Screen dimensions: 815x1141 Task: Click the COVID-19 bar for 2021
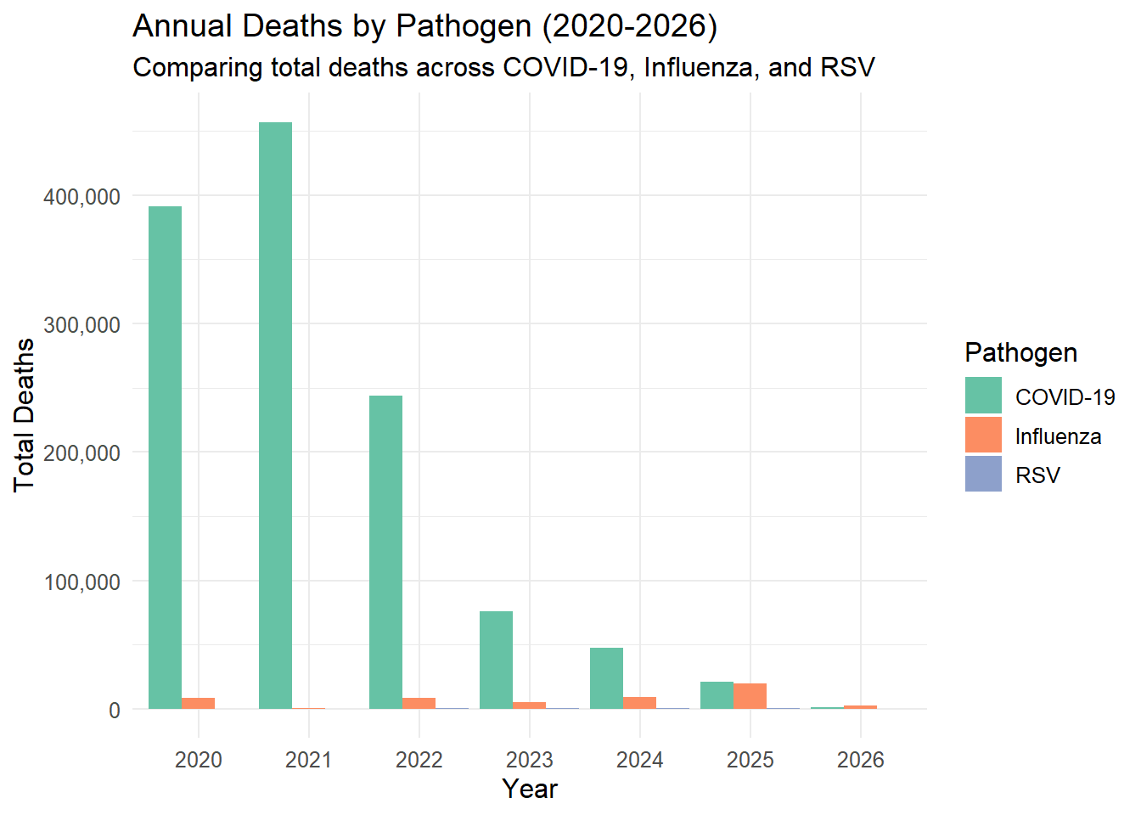click(275, 415)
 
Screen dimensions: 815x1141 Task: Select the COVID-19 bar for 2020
click(165, 458)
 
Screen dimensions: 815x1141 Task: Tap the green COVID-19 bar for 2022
click(385, 552)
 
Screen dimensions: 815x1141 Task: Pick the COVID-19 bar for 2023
click(496, 660)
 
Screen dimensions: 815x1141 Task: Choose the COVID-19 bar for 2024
click(606, 678)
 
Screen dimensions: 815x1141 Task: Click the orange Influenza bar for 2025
click(750, 696)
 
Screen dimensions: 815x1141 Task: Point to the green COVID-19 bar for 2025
click(717, 695)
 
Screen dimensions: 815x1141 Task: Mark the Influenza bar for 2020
click(198, 703)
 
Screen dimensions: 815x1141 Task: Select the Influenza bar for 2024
click(639, 703)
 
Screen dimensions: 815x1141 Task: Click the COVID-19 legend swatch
click(983, 396)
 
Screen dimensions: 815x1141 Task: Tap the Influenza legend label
click(1058, 436)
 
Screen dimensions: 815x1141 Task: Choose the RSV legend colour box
click(983, 475)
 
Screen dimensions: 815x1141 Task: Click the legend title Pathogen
click(1020, 352)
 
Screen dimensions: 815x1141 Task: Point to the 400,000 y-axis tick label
click(81, 197)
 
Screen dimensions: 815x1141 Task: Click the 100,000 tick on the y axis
click(81, 582)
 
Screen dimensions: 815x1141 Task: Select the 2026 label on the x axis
click(860, 760)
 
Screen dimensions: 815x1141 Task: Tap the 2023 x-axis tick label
click(529, 760)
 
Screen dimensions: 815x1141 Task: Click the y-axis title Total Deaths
click(24, 414)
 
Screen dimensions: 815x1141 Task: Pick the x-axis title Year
click(529, 789)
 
